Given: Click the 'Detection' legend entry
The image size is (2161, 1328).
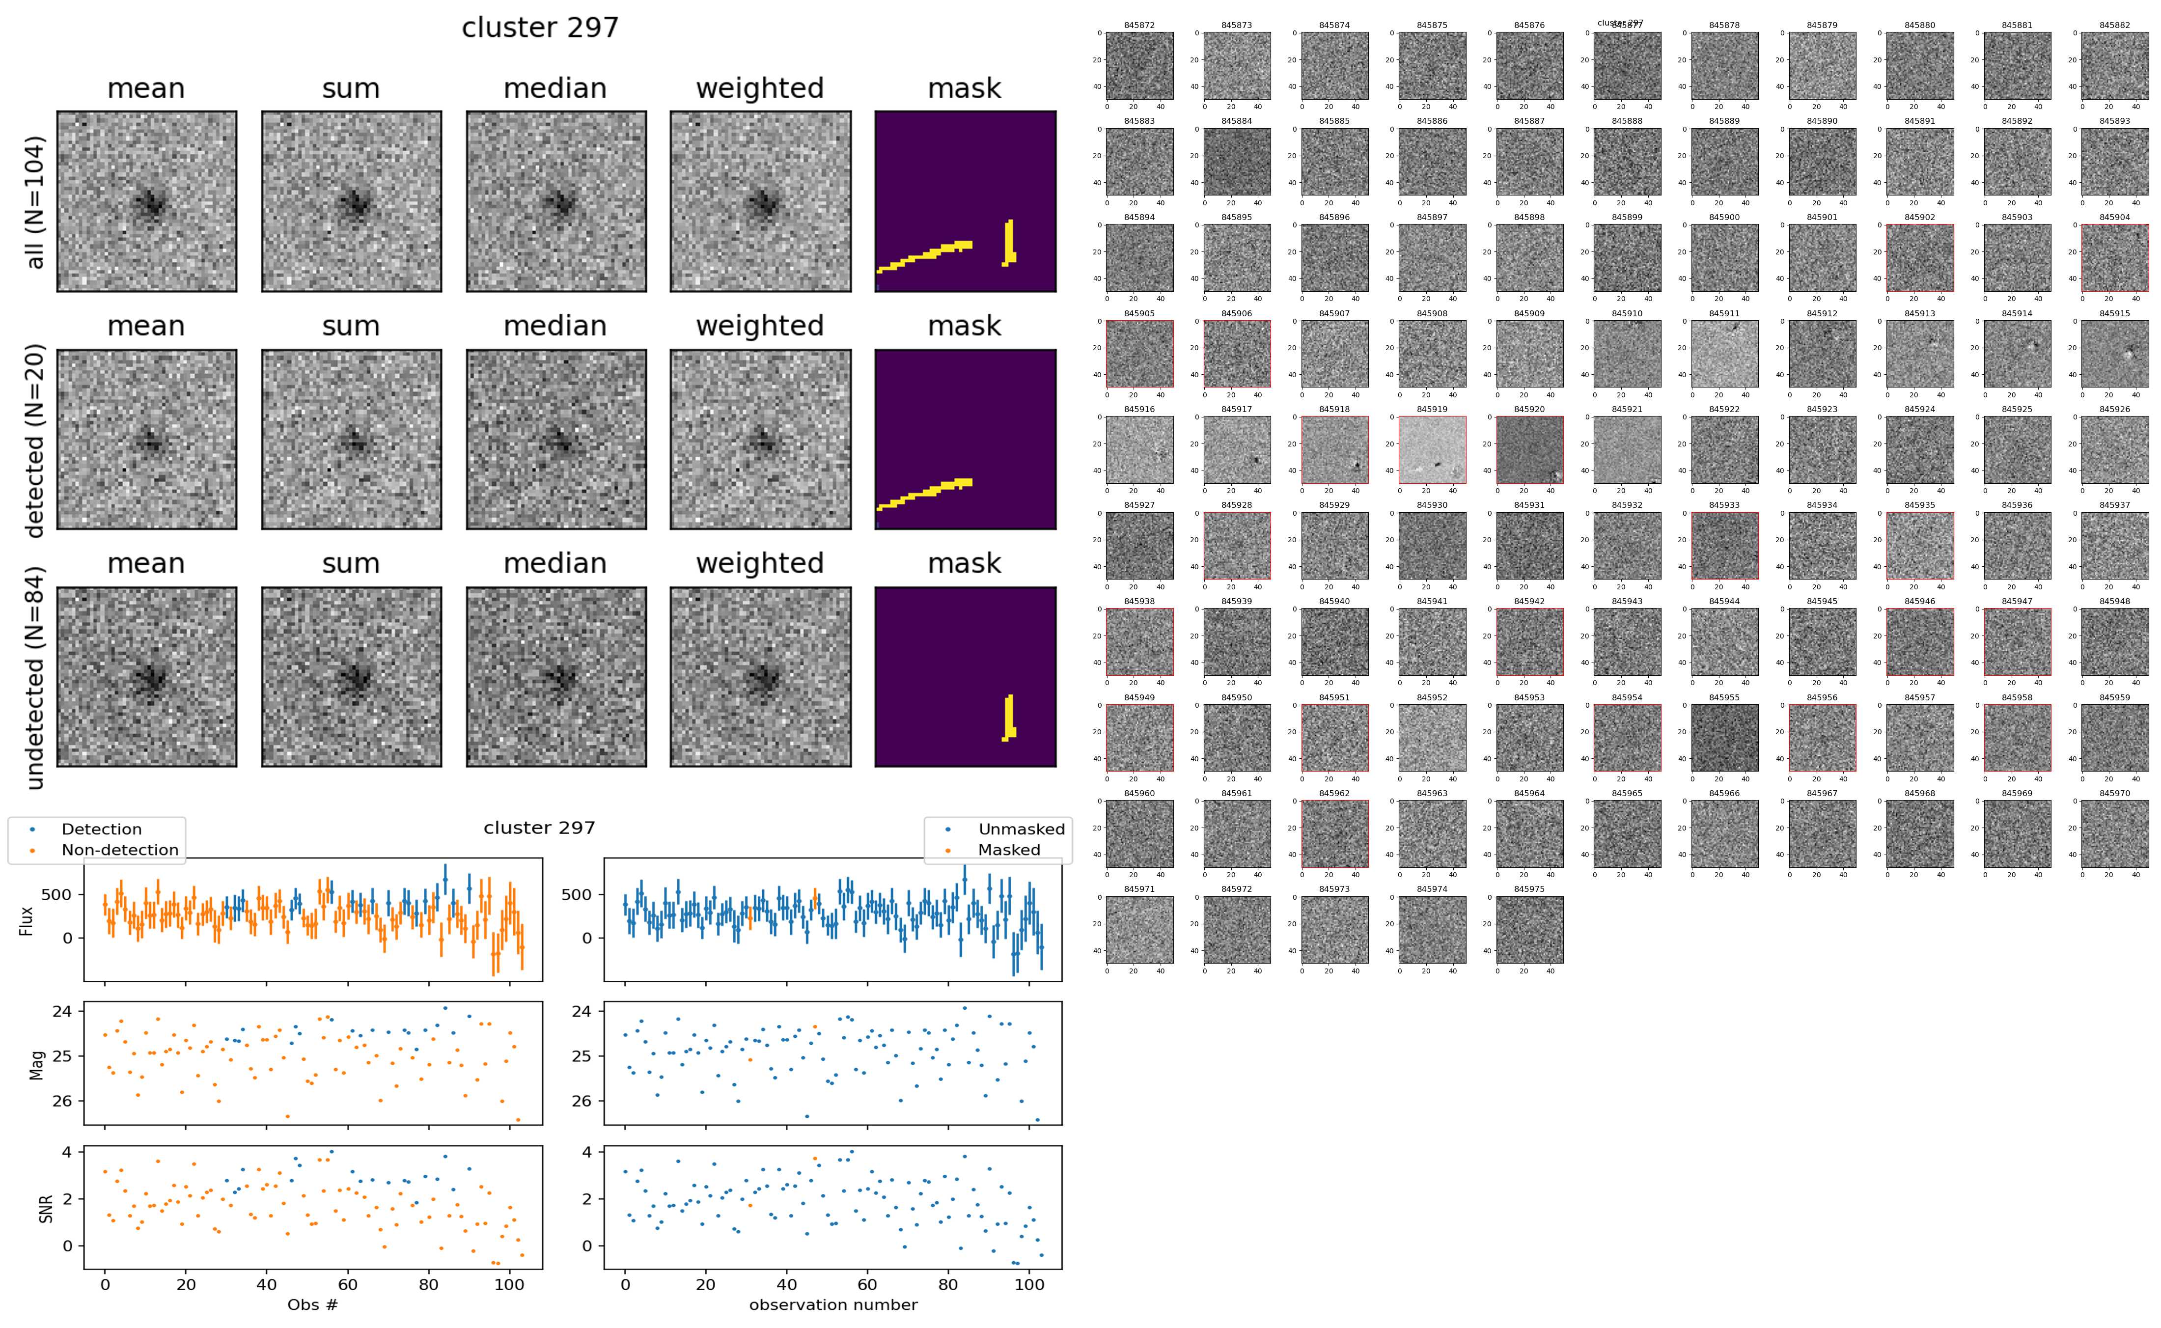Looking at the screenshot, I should point(101,829).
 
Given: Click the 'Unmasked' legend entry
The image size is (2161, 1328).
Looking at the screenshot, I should point(1021,829).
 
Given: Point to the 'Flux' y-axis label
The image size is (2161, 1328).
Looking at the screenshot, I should point(27,919).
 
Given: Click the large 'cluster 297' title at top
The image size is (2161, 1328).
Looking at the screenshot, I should point(540,28).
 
